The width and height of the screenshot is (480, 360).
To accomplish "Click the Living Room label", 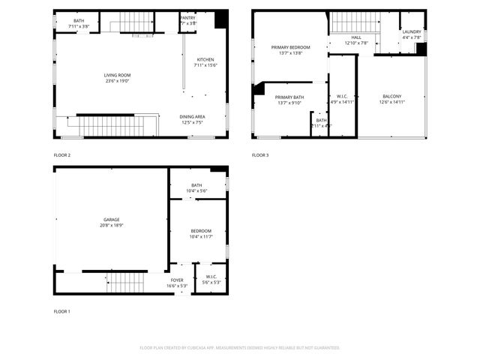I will [x=117, y=75].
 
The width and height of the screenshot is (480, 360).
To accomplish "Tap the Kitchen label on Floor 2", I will [x=205, y=60].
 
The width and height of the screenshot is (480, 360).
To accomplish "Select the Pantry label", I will [x=188, y=18].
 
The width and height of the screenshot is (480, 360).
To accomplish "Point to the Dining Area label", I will [x=192, y=116].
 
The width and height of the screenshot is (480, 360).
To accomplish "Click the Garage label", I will [x=111, y=220].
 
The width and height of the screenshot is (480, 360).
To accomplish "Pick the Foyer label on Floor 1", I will [x=176, y=280].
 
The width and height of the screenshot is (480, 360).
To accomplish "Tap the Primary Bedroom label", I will [x=290, y=48].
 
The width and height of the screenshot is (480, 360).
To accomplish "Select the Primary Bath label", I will [x=289, y=97].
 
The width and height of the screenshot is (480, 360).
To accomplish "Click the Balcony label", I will [x=391, y=97].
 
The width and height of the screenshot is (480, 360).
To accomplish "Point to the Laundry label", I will [x=412, y=31].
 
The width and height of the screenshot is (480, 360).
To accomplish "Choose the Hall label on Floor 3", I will [x=356, y=37].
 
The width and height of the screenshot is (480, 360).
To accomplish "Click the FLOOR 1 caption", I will [x=61, y=311].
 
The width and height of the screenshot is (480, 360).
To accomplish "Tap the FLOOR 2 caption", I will [x=61, y=155].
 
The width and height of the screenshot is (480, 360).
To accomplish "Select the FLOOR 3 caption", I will [x=259, y=155].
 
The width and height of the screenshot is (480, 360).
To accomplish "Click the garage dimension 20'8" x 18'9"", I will [x=111, y=225].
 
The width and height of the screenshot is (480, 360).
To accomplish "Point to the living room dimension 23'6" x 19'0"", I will [x=117, y=80].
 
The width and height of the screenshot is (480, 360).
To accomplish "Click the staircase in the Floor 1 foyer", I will [x=125, y=283].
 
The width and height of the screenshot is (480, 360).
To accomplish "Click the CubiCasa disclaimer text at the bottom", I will [x=240, y=348].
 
